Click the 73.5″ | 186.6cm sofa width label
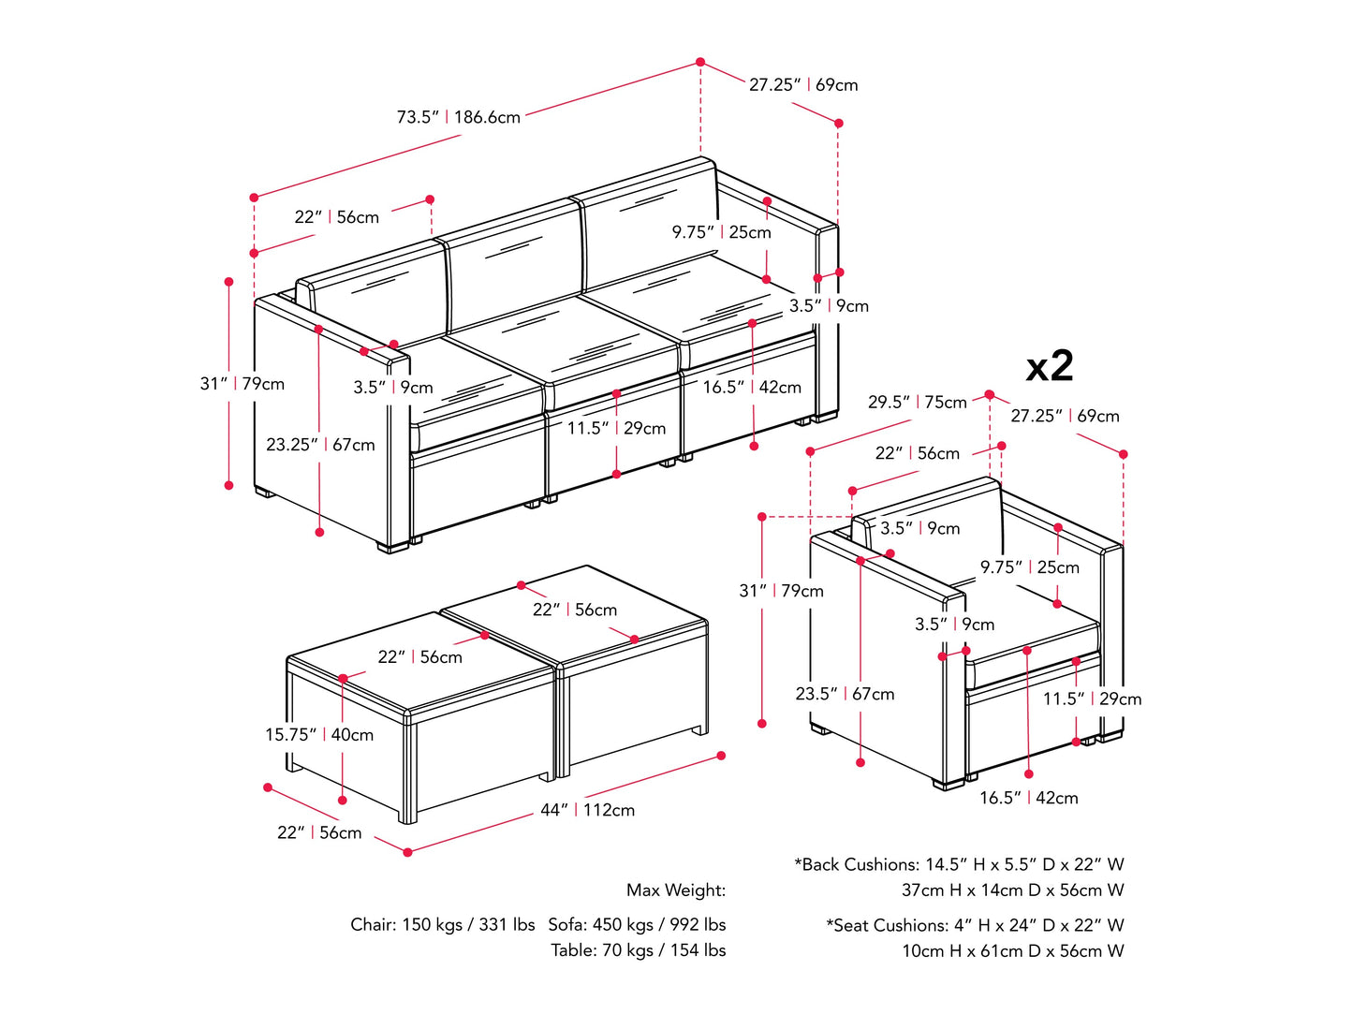click(459, 117)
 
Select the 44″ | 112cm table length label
click(587, 810)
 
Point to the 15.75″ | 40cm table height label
click(319, 735)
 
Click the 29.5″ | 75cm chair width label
click(918, 403)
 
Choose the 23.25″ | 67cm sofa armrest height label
click(320, 445)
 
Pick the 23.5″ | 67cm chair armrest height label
click(845, 694)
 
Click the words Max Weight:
click(676, 890)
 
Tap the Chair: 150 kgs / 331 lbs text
click(443, 924)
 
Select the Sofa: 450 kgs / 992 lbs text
click(637, 924)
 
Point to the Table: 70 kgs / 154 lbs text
click(639, 950)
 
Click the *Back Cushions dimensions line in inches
click(959, 864)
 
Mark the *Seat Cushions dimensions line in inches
click(975, 925)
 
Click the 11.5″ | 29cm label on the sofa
click(616, 428)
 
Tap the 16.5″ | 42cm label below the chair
click(1029, 798)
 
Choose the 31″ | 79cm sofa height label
click(243, 384)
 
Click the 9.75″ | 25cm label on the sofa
click(721, 232)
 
